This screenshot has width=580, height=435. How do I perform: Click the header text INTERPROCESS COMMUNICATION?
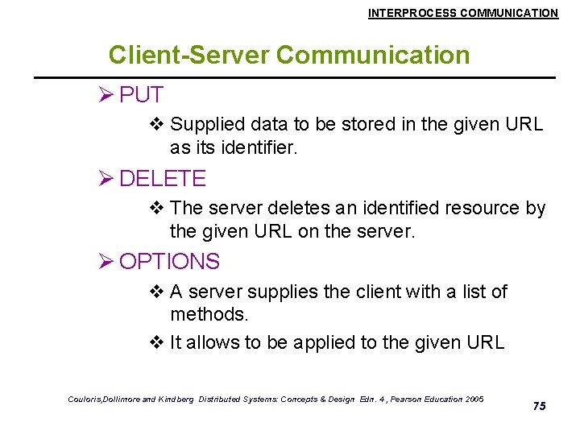pyautogui.click(x=462, y=13)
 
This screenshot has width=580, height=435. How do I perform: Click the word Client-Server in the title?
pyautogui.click(x=189, y=55)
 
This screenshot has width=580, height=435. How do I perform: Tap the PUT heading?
pyautogui.click(x=141, y=95)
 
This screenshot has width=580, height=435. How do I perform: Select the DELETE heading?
pyautogui.click(x=163, y=178)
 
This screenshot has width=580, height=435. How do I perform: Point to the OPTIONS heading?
pyautogui.click(x=169, y=262)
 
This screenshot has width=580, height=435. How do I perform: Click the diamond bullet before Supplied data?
pyautogui.click(x=158, y=125)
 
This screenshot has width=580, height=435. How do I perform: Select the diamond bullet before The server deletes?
pyautogui.click(x=158, y=208)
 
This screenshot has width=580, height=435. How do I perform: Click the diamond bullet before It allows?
pyautogui.click(x=158, y=342)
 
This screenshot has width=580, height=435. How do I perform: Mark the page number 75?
pyautogui.click(x=540, y=406)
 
